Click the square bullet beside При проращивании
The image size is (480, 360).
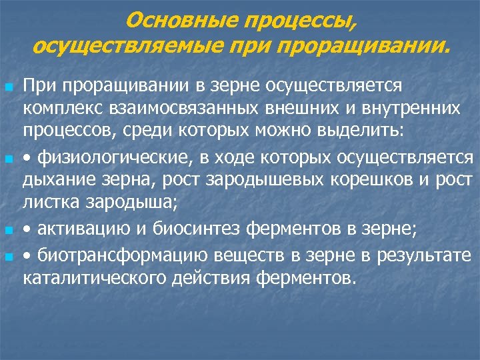click(8, 87)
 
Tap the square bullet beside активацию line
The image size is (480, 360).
click(8, 231)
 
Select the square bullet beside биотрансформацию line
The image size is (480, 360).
click(8, 255)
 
